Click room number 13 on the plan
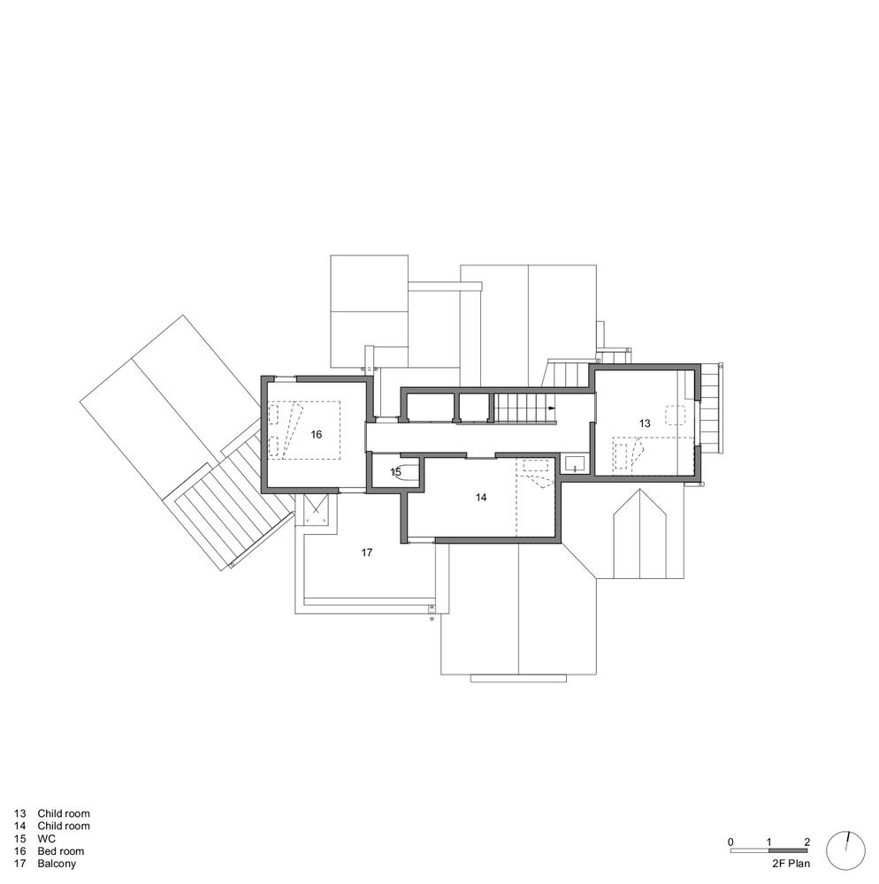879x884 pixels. pyautogui.click(x=645, y=423)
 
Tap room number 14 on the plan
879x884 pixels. pyautogui.click(x=481, y=497)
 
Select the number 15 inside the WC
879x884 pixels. pyautogui.click(x=396, y=472)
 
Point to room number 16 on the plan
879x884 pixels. pyautogui.click(x=317, y=434)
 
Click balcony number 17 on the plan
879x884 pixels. pyautogui.click(x=367, y=552)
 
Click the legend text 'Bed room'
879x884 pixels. pyautogui.click(x=61, y=851)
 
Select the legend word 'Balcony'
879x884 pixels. pyautogui.click(x=57, y=864)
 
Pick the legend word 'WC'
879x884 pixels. pyautogui.click(x=47, y=839)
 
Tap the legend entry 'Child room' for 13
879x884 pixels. pyautogui.click(x=64, y=813)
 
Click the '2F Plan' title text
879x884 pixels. pyautogui.click(x=791, y=863)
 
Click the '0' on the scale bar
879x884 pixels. pyautogui.click(x=731, y=842)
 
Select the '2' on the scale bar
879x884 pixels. pyautogui.click(x=807, y=842)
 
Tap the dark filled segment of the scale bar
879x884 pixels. pyautogui.click(x=788, y=850)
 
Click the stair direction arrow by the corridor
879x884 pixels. pyautogui.click(x=552, y=408)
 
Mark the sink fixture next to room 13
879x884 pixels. pyautogui.click(x=575, y=464)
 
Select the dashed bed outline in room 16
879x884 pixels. pyautogui.click(x=304, y=431)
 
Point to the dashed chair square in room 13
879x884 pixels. pyautogui.click(x=675, y=415)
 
